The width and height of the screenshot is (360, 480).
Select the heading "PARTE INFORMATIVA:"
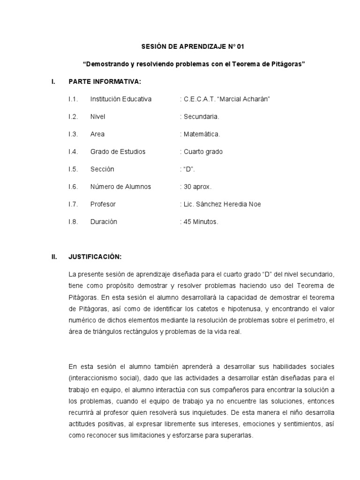(x=105, y=82)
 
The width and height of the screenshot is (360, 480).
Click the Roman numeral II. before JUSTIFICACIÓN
(x=54, y=256)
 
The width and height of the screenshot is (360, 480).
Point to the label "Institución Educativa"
(x=121, y=99)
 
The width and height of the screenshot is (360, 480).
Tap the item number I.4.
(x=72, y=151)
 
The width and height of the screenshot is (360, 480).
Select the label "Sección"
(x=102, y=169)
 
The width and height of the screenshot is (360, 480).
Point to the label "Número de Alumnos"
(x=120, y=187)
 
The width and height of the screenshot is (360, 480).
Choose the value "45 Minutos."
(x=201, y=222)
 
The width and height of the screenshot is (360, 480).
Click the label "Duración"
(x=104, y=222)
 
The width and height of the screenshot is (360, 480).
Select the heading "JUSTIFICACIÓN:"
(x=95, y=256)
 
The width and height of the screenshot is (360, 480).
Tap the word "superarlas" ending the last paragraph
(x=236, y=435)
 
